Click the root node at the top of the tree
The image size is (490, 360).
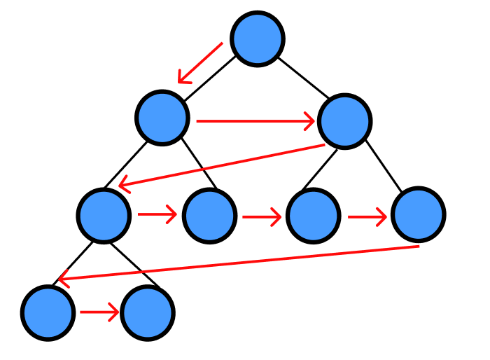pos(258,39)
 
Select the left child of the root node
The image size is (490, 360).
pos(162,118)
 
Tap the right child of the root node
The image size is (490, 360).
pos(344,121)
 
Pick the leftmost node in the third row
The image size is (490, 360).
pos(104,215)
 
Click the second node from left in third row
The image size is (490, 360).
pos(209,216)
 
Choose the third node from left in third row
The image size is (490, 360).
pos(313,216)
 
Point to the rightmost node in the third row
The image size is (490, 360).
pos(418,214)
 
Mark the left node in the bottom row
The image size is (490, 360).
pos(48,312)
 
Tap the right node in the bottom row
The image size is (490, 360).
pos(147,313)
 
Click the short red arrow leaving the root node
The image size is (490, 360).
pos(200,63)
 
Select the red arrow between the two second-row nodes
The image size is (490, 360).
pos(255,121)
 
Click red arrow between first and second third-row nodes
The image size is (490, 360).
pos(157,214)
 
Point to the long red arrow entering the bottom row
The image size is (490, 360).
pos(238,263)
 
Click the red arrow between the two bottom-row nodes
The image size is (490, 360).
pos(99,312)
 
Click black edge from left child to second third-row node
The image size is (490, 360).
pos(198,163)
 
